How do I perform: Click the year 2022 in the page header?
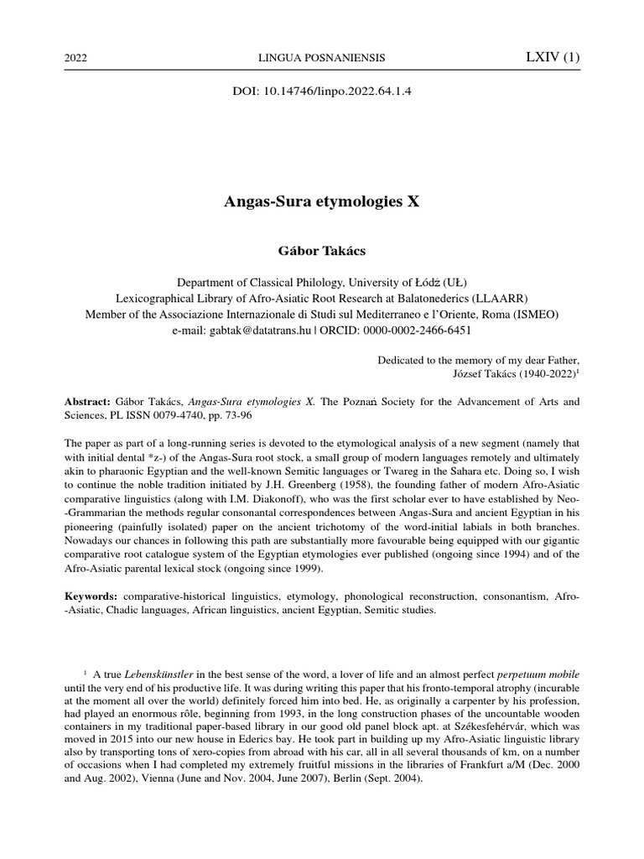click(x=76, y=58)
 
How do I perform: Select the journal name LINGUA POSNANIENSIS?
click(x=321, y=58)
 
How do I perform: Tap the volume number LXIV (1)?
click(x=551, y=57)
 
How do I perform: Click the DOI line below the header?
click(x=321, y=91)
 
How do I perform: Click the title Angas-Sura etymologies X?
click(x=321, y=203)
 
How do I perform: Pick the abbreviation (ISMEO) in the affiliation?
click(x=530, y=314)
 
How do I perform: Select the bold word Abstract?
click(x=88, y=402)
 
